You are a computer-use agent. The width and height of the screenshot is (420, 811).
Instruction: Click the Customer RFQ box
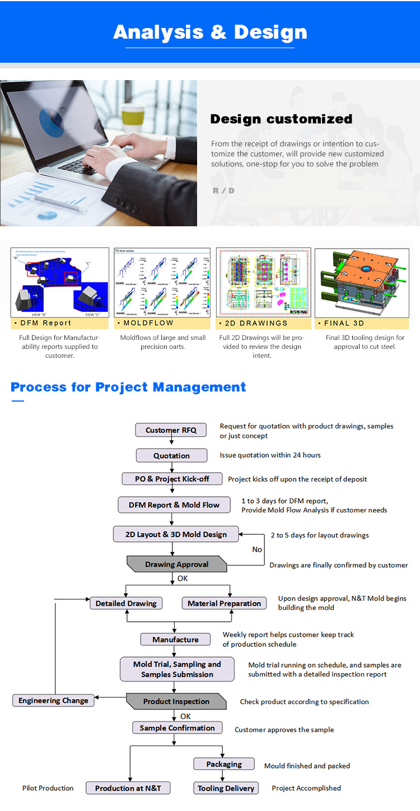point(171,430)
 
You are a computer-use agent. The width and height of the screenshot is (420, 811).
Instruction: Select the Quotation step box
point(171,456)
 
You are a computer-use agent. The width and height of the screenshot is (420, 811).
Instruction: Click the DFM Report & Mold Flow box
point(174,505)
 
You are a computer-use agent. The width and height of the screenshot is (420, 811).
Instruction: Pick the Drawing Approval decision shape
point(176,564)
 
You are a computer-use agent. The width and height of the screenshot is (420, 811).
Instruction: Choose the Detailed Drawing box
point(127,603)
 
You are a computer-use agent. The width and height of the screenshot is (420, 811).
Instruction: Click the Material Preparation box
point(224,603)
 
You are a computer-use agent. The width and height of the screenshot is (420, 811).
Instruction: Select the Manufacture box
point(175,640)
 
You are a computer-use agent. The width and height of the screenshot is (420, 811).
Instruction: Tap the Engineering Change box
point(53,700)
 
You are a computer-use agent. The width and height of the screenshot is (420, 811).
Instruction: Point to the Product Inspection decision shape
point(176,701)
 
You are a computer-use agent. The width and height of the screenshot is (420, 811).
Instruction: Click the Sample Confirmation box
point(177,728)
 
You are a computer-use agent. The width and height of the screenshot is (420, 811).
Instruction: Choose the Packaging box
point(224,764)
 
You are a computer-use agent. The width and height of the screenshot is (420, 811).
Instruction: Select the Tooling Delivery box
point(226,788)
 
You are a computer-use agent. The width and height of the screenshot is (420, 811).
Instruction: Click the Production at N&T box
point(128,788)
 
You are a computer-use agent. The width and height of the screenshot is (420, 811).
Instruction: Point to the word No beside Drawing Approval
point(257,549)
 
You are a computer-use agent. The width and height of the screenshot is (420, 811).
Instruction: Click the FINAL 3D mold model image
point(362,283)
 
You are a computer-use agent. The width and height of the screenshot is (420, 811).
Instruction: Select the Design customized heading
point(281,119)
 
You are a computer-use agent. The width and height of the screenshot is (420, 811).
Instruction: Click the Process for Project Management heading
point(128,387)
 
